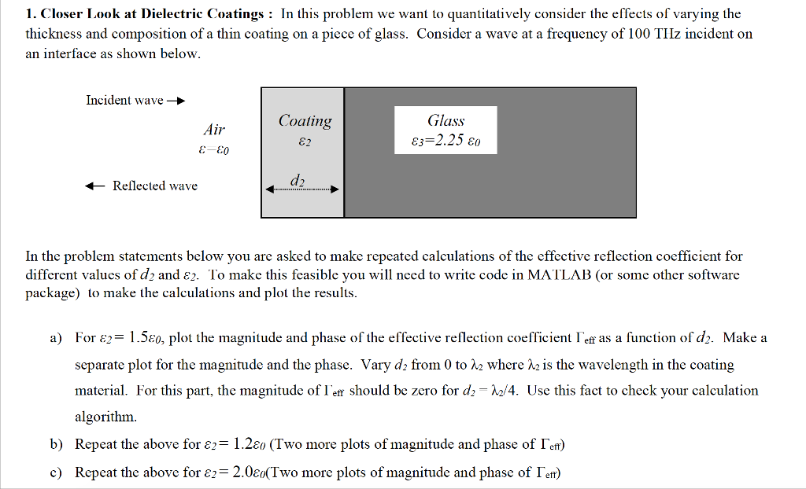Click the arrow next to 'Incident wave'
176,101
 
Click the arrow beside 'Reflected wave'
95,186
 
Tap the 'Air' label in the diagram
214,130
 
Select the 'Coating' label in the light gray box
305,121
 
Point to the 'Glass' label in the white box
446,121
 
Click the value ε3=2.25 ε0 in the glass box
446,142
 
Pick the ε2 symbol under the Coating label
305,142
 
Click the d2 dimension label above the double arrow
298,180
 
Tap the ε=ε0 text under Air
214,149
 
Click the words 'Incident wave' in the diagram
124,101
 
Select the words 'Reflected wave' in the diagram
155,186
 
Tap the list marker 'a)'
56,338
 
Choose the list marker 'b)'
56,445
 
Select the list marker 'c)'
56,472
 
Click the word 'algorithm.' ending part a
105,417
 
